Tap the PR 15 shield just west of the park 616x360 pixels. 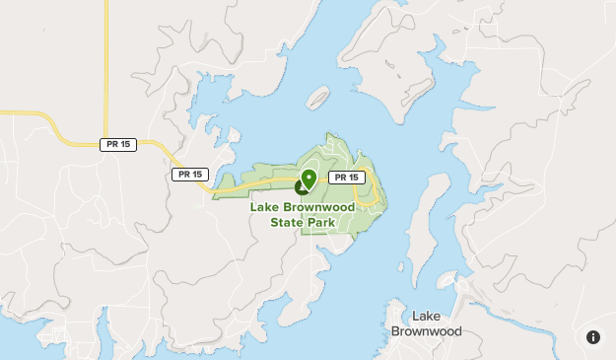point(189,175)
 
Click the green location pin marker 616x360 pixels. point(308,179)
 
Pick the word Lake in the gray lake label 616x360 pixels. point(426,316)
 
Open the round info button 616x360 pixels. point(593,336)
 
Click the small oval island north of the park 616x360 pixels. point(317,98)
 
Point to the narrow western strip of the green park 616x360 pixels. point(237,184)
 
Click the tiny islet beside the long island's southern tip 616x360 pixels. point(402,264)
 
